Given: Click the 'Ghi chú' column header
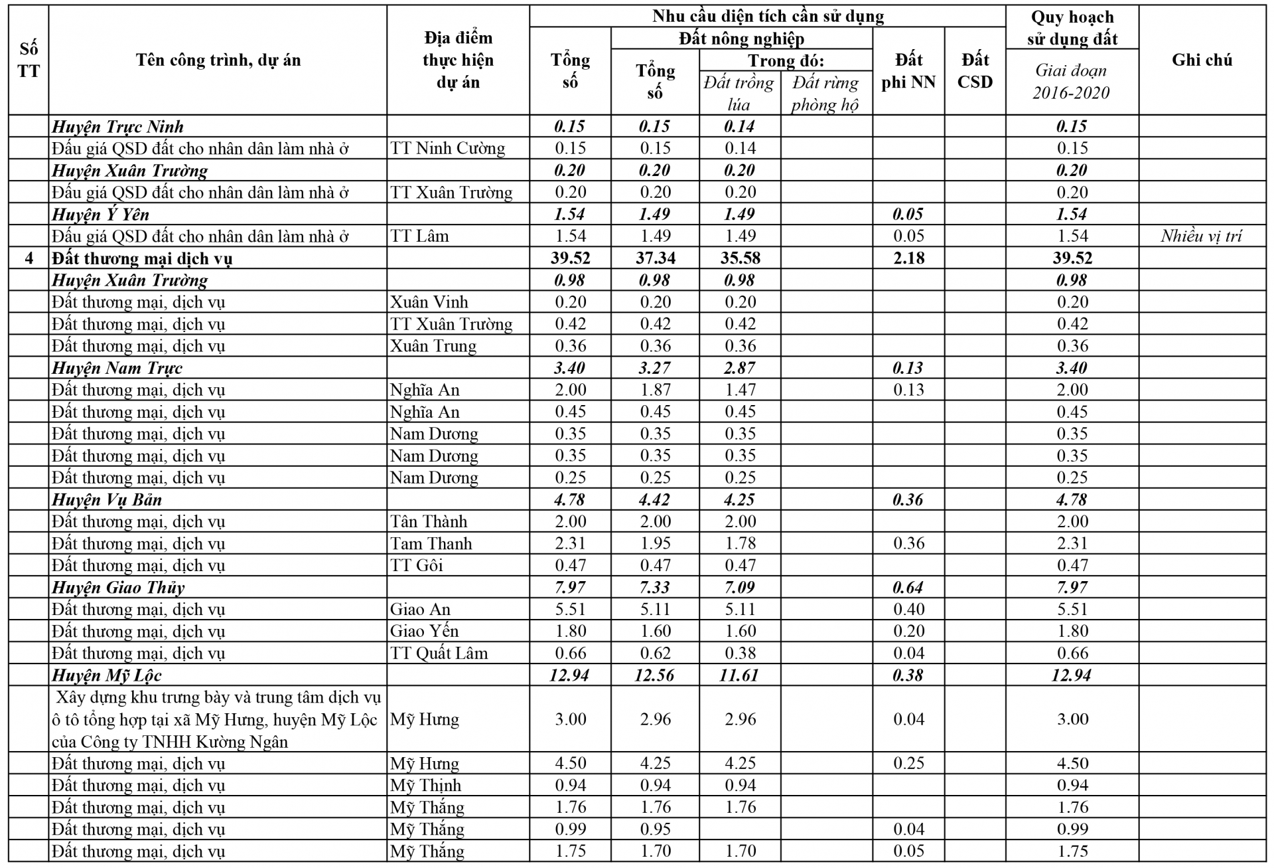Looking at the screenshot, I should tap(1202, 60).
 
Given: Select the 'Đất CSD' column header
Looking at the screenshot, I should tap(975, 70).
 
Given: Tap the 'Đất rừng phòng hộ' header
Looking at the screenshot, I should tap(825, 93).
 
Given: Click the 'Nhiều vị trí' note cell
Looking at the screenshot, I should tap(1201, 236).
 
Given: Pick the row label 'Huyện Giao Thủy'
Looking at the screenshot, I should tap(118, 587).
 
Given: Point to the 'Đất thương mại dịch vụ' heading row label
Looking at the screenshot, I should tap(142, 258).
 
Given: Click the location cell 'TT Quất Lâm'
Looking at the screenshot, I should tap(439, 653).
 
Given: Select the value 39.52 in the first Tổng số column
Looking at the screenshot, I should tap(570, 258).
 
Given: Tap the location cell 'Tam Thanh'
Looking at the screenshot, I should tap(431, 543).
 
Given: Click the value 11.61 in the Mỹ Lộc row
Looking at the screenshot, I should tap(740, 675).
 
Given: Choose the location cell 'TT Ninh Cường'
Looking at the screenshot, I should tap(447, 148).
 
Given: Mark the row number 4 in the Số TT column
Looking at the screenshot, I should tap(29, 258).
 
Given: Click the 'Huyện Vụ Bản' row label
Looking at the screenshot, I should tap(107, 499).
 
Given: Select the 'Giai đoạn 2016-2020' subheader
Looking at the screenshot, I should tap(1071, 81).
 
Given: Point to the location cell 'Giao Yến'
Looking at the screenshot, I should tap(424, 631).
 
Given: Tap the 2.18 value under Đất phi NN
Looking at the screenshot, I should tap(908, 258).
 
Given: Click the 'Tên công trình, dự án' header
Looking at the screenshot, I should tap(218, 60).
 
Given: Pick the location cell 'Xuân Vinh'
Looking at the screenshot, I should tap(429, 302).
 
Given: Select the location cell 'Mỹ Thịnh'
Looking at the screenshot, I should tap(425, 785).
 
